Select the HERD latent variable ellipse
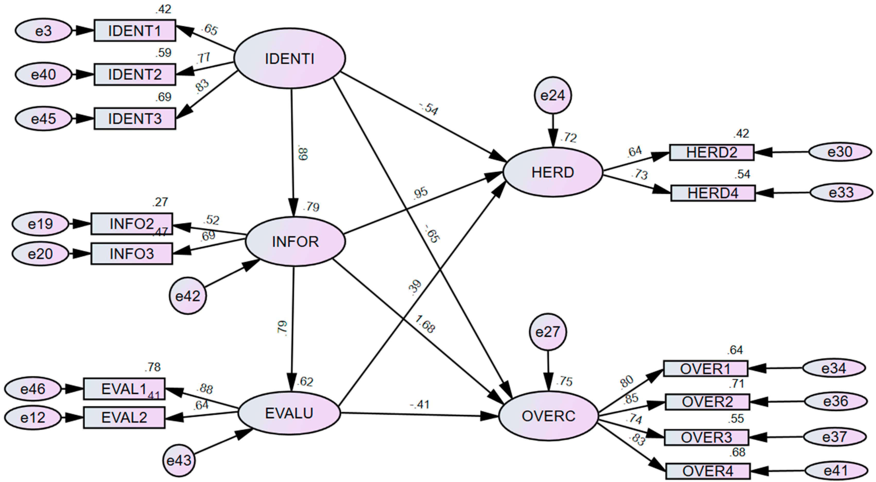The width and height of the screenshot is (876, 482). pos(553,173)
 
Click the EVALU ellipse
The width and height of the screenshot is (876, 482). pos(289,413)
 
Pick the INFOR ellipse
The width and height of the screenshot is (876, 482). pos(295,242)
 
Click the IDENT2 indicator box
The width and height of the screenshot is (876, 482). pos(135,74)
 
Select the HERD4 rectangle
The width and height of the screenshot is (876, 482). pos(713,193)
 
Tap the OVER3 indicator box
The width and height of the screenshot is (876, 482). pos(706,437)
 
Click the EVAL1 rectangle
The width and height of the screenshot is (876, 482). pos(124,389)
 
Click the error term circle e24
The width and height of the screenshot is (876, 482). pos(553,95)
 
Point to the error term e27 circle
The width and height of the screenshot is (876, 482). pos(548,332)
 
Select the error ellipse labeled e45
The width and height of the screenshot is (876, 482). pos(44,119)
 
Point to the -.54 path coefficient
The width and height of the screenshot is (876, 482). pos(429,109)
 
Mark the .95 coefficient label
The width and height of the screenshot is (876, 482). pos(420,193)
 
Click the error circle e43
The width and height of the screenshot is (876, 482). pos(179,461)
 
